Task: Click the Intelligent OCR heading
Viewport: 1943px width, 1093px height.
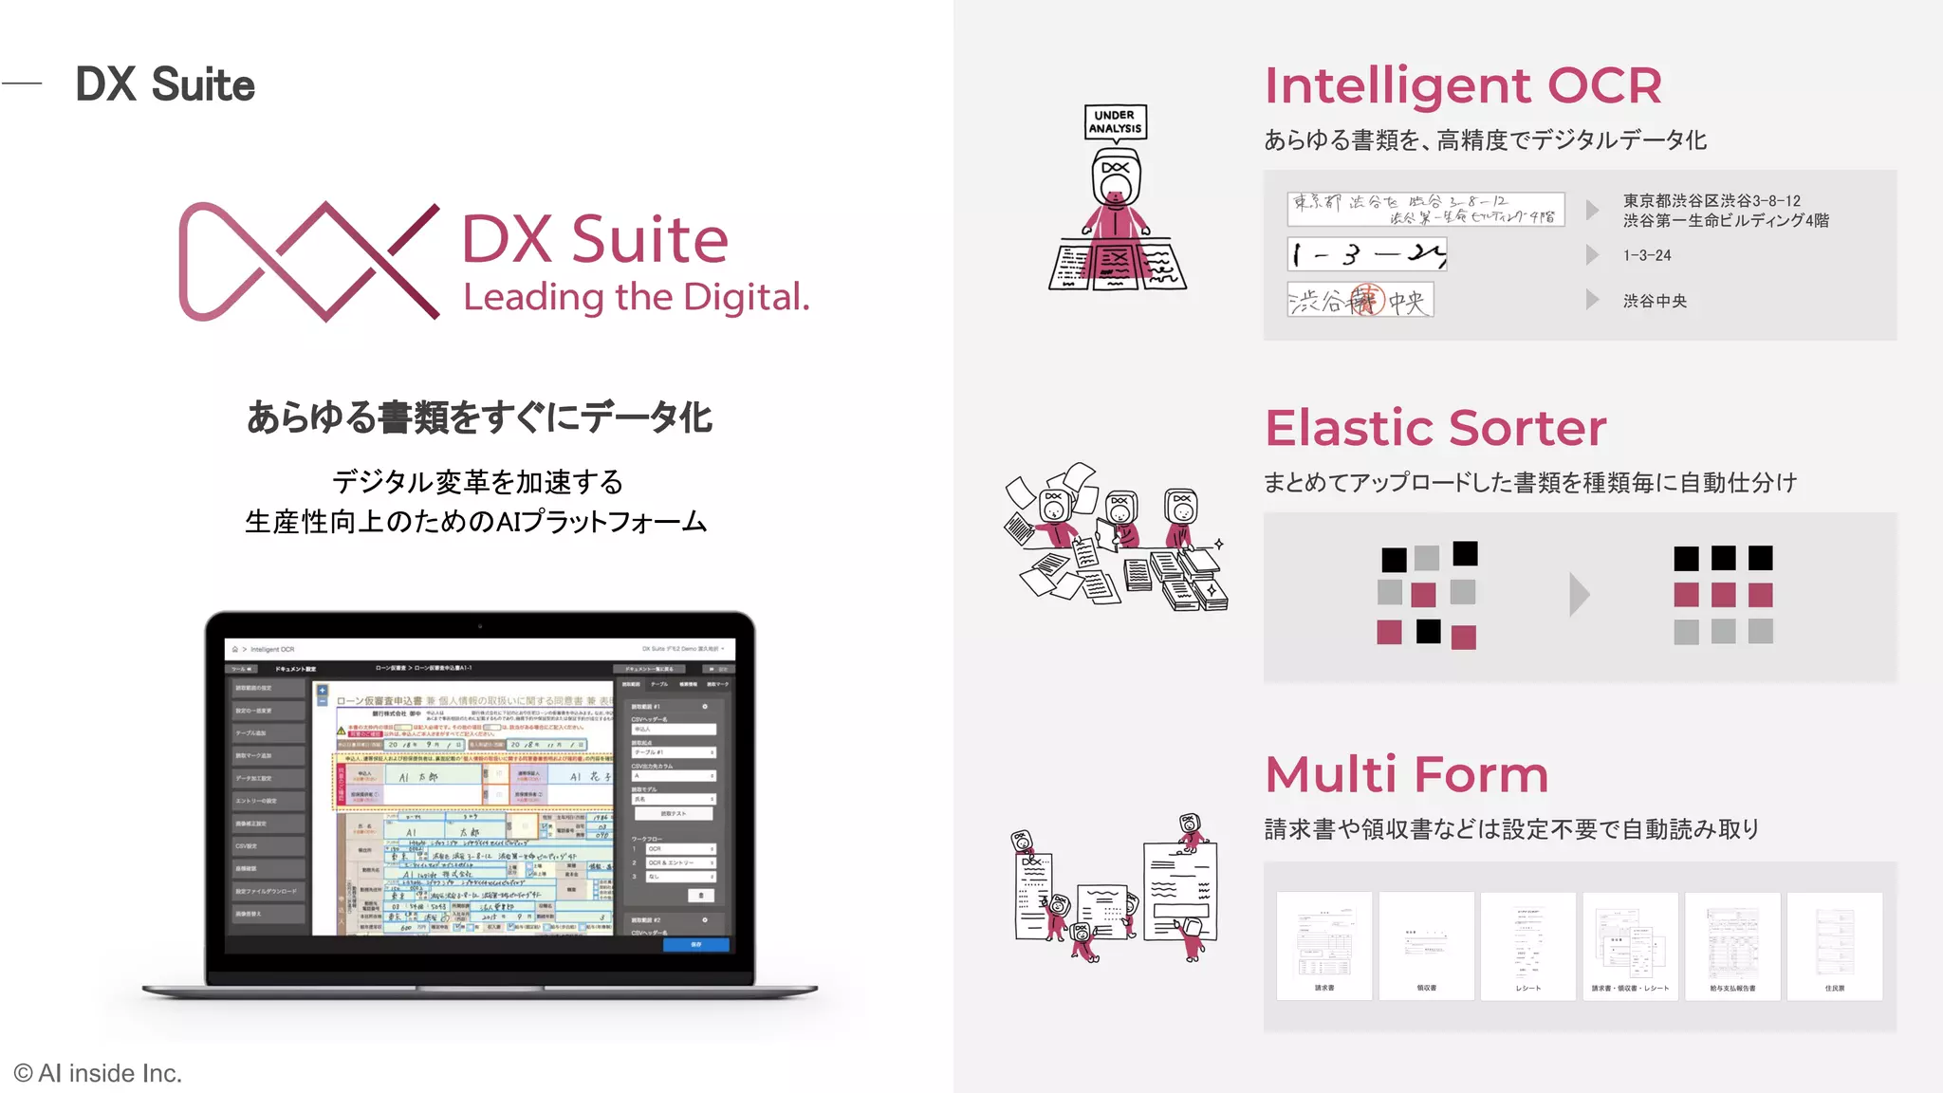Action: (x=1463, y=85)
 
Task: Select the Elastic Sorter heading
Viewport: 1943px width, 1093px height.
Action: (x=1435, y=428)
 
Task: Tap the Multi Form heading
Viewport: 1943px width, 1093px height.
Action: (x=1407, y=774)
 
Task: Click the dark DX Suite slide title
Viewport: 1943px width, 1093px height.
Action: (x=165, y=84)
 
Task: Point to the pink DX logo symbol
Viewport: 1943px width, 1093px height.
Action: (x=308, y=261)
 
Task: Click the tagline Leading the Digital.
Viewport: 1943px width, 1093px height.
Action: (x=636, y=297)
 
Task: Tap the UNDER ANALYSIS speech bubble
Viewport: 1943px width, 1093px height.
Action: (x=1116, y=122)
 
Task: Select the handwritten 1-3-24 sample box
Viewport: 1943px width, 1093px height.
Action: (x=1367, y=254)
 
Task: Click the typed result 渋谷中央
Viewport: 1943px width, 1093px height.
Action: (x=1655, y=301)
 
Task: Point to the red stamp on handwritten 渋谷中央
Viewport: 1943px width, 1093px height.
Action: (x=1367, y=300)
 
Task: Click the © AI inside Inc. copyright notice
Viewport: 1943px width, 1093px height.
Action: (x=98, y=1073)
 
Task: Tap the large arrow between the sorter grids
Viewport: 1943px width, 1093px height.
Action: (x=1579, y=595)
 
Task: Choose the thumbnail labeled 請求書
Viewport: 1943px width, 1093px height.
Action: (x=1324, y=945)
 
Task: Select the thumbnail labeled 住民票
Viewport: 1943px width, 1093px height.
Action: (x=1835, y=945)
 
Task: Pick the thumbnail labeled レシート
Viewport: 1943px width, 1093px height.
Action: (x=1528, y=945)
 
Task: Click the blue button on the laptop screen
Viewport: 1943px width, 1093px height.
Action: (x=696, y=945)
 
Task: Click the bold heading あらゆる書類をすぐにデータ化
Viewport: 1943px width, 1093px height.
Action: (x=479, y=417)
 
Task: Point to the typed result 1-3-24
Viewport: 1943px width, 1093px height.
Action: (x=1647, y=255)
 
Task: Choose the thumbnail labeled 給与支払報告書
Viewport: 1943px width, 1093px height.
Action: (x=1732, y=945)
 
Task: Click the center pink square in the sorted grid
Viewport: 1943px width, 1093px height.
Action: (x=1723, y=595)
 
